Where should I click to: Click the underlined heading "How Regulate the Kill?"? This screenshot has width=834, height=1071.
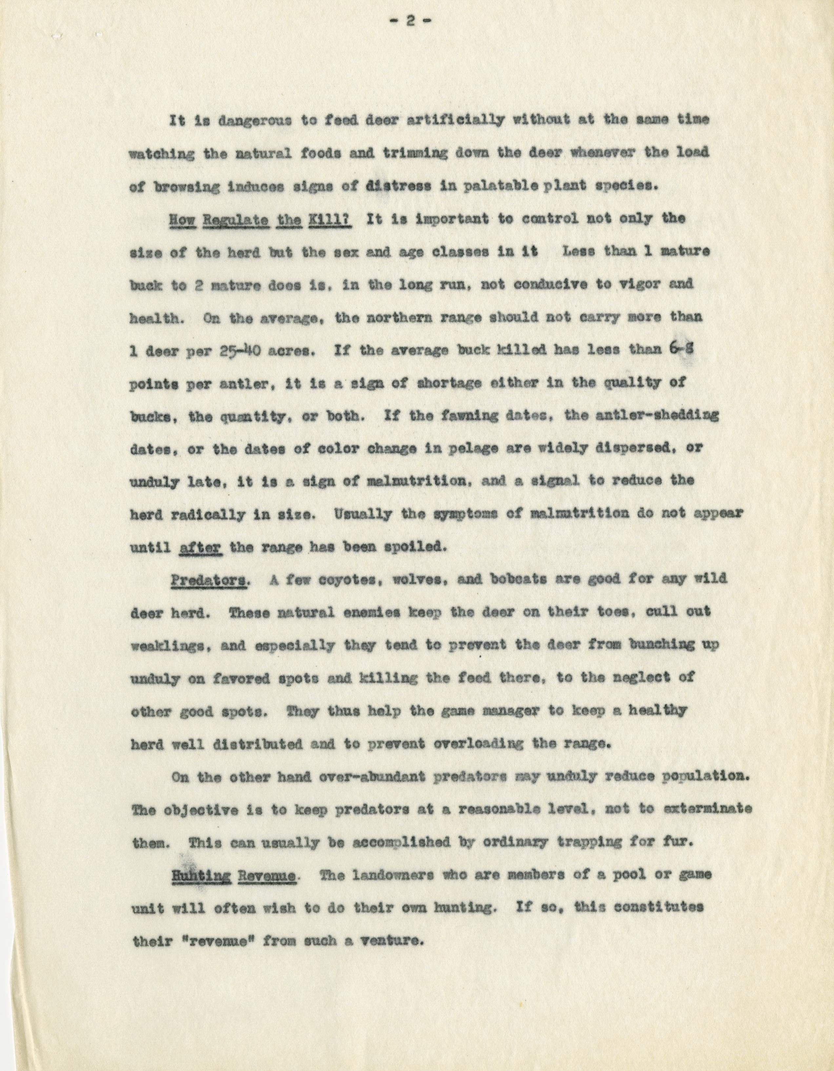pos(259,219)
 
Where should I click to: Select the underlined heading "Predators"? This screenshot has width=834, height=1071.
pos(209,580)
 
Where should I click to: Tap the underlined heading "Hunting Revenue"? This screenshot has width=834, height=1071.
pos(233,875)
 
